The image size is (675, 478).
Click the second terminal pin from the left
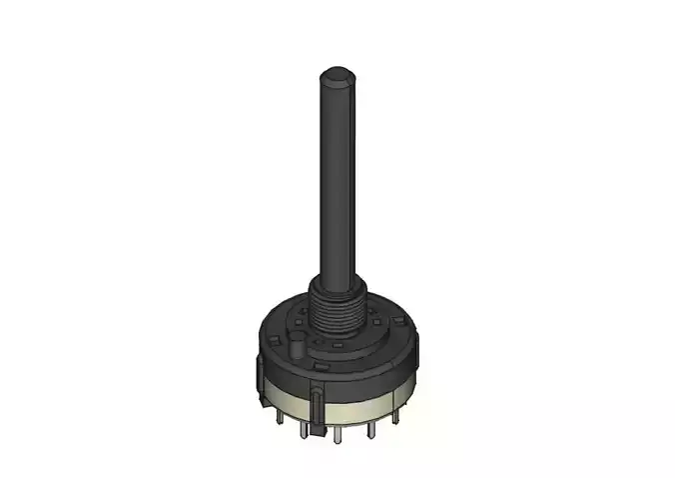pos(304,431)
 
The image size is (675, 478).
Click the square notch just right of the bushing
pos(375,322)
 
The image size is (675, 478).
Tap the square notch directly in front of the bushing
pos(337,346)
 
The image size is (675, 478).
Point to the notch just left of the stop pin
pos(274,340)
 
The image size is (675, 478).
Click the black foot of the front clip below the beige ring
pos(319,429)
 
